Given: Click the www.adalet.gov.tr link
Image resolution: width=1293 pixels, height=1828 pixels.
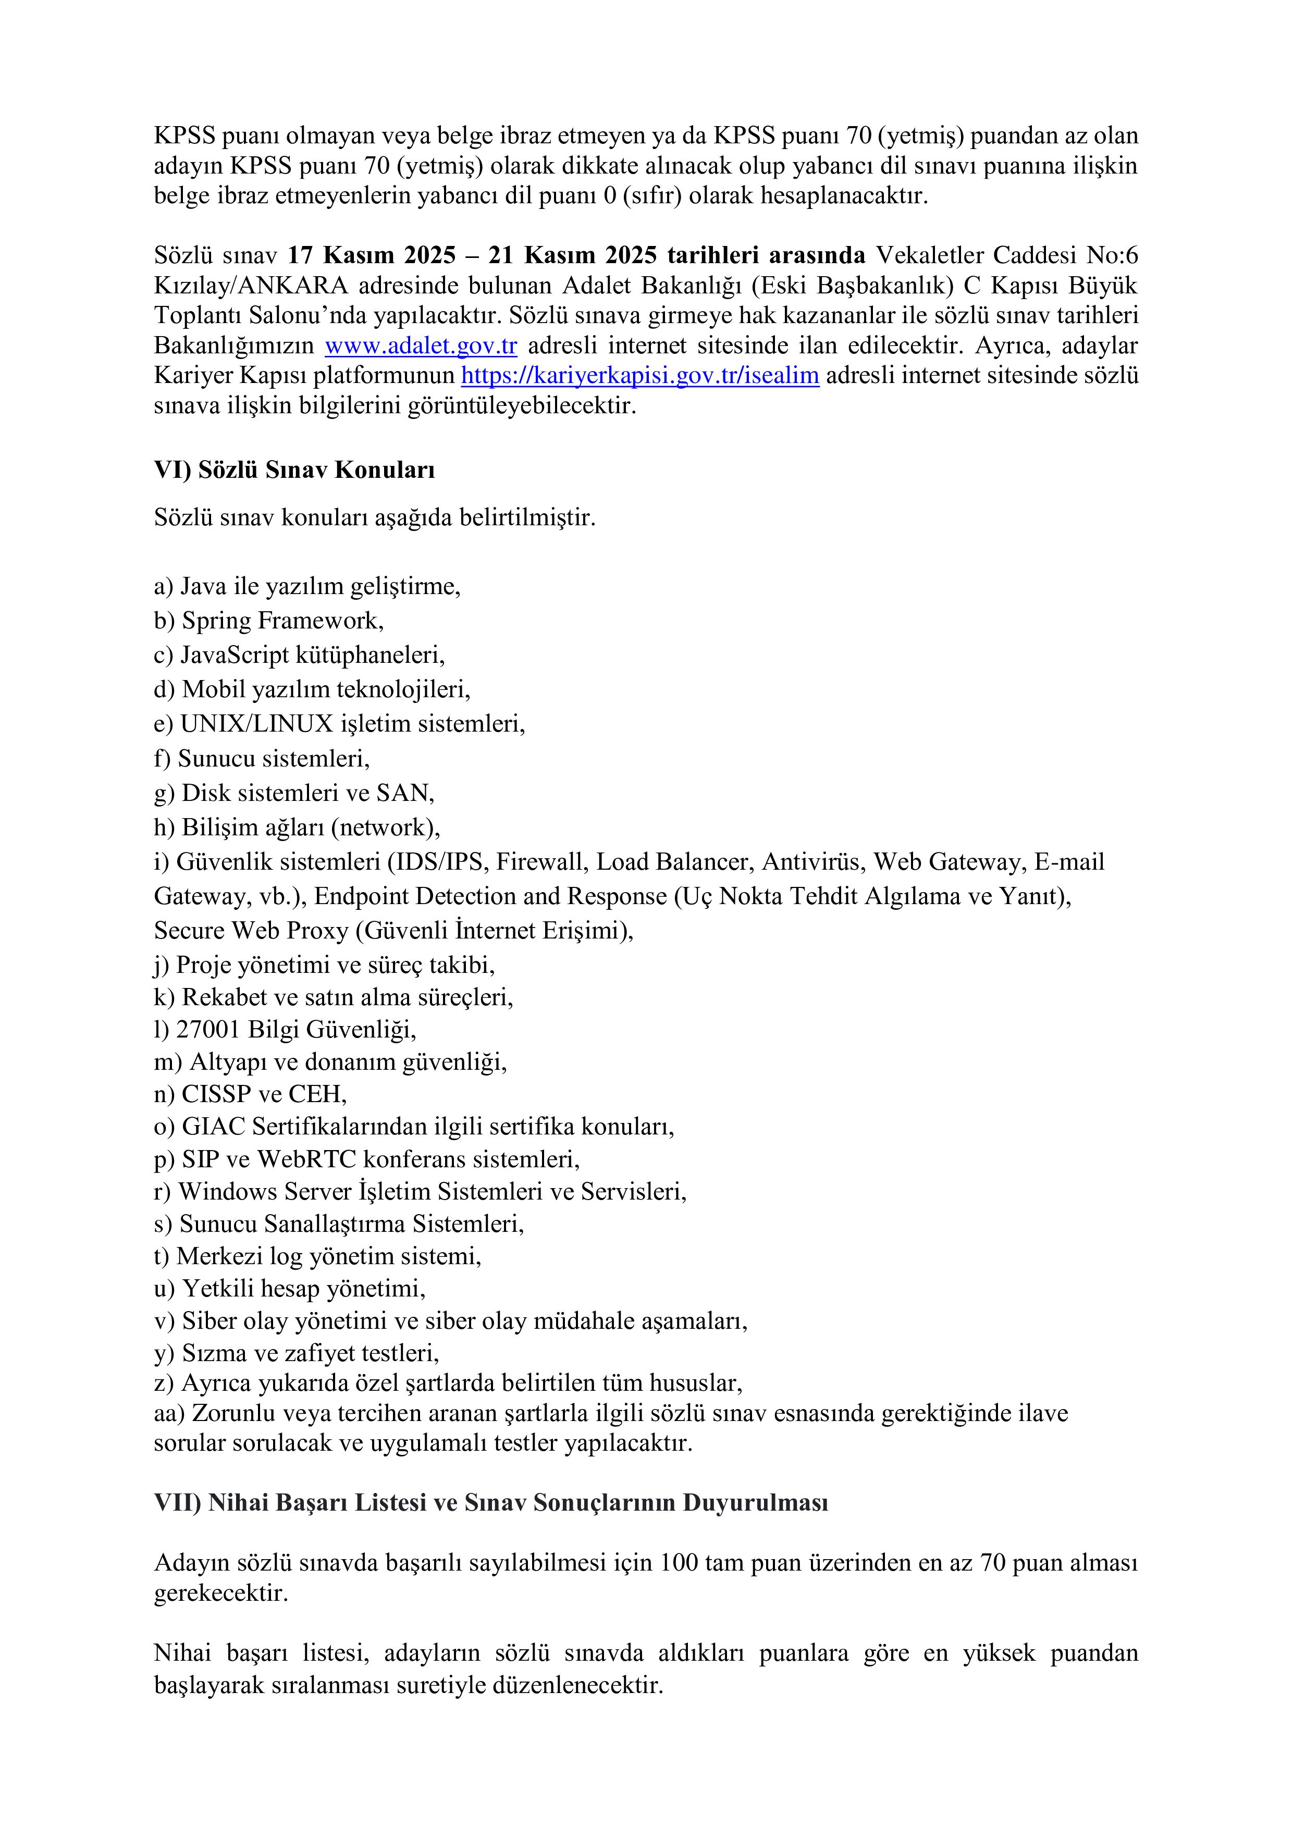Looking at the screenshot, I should click(421, 345).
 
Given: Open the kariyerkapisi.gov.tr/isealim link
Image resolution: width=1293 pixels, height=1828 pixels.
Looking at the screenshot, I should click(640, 375).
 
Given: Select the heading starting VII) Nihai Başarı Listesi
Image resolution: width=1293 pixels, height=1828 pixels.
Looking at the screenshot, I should click(491, 1502).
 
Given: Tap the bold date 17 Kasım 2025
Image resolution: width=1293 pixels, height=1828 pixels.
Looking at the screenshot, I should click(371, 255).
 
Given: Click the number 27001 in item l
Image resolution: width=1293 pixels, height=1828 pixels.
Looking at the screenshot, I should click(208, 1030).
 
